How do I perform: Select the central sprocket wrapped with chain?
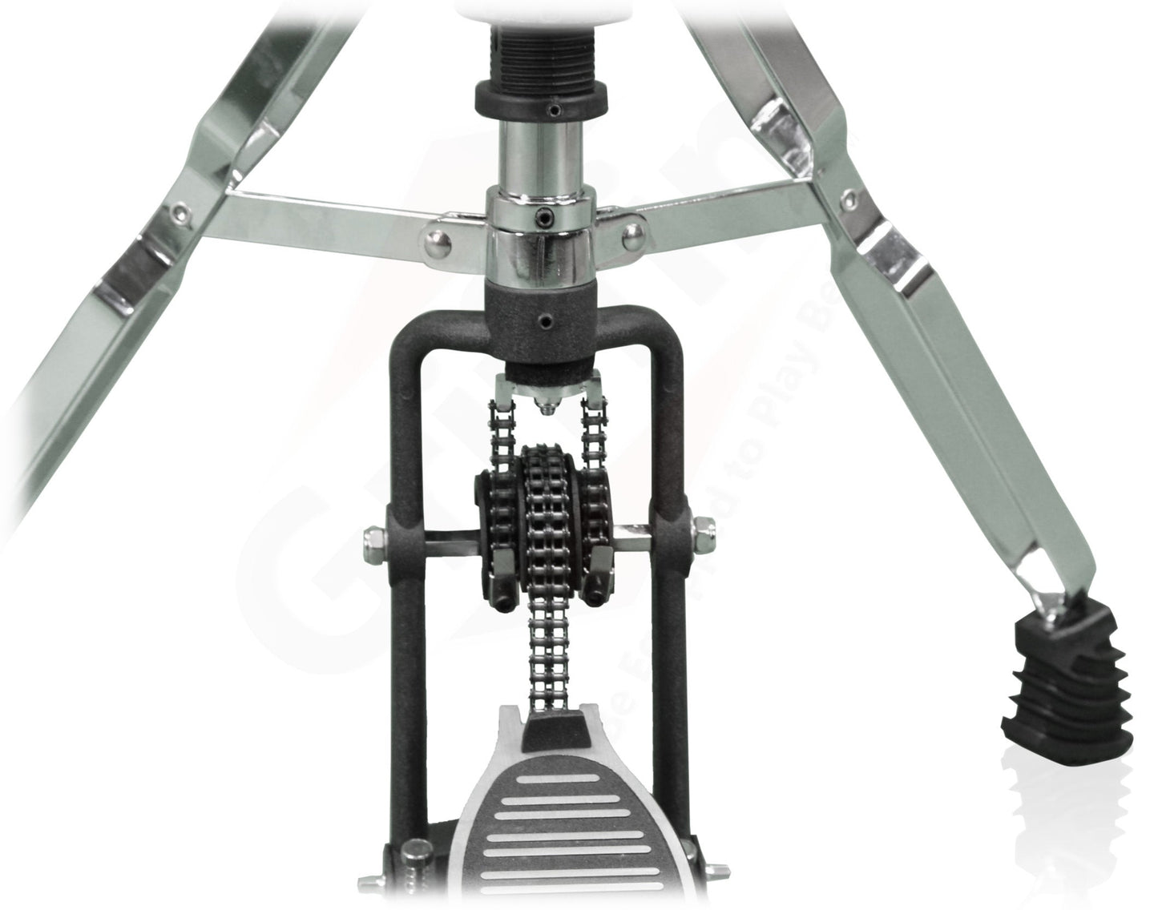545,505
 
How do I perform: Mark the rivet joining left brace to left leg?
178,210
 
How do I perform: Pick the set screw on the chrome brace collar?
544,215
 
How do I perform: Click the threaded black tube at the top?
521,48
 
